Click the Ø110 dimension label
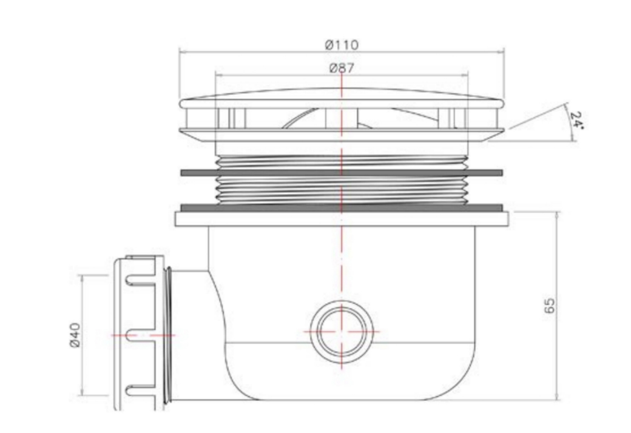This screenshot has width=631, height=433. (x=342, y=44)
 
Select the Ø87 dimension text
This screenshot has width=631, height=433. (x=342, y=68)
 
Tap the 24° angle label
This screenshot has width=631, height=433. (x=576, y=120)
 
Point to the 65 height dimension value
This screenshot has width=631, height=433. (x=549, y=306)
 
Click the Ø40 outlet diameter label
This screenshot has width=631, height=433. (x=75, y=335)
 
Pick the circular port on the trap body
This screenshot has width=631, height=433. (x=342, y=332)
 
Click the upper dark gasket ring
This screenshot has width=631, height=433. (x=342, y=173)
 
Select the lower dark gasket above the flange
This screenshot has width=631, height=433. (x=342, y=207)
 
